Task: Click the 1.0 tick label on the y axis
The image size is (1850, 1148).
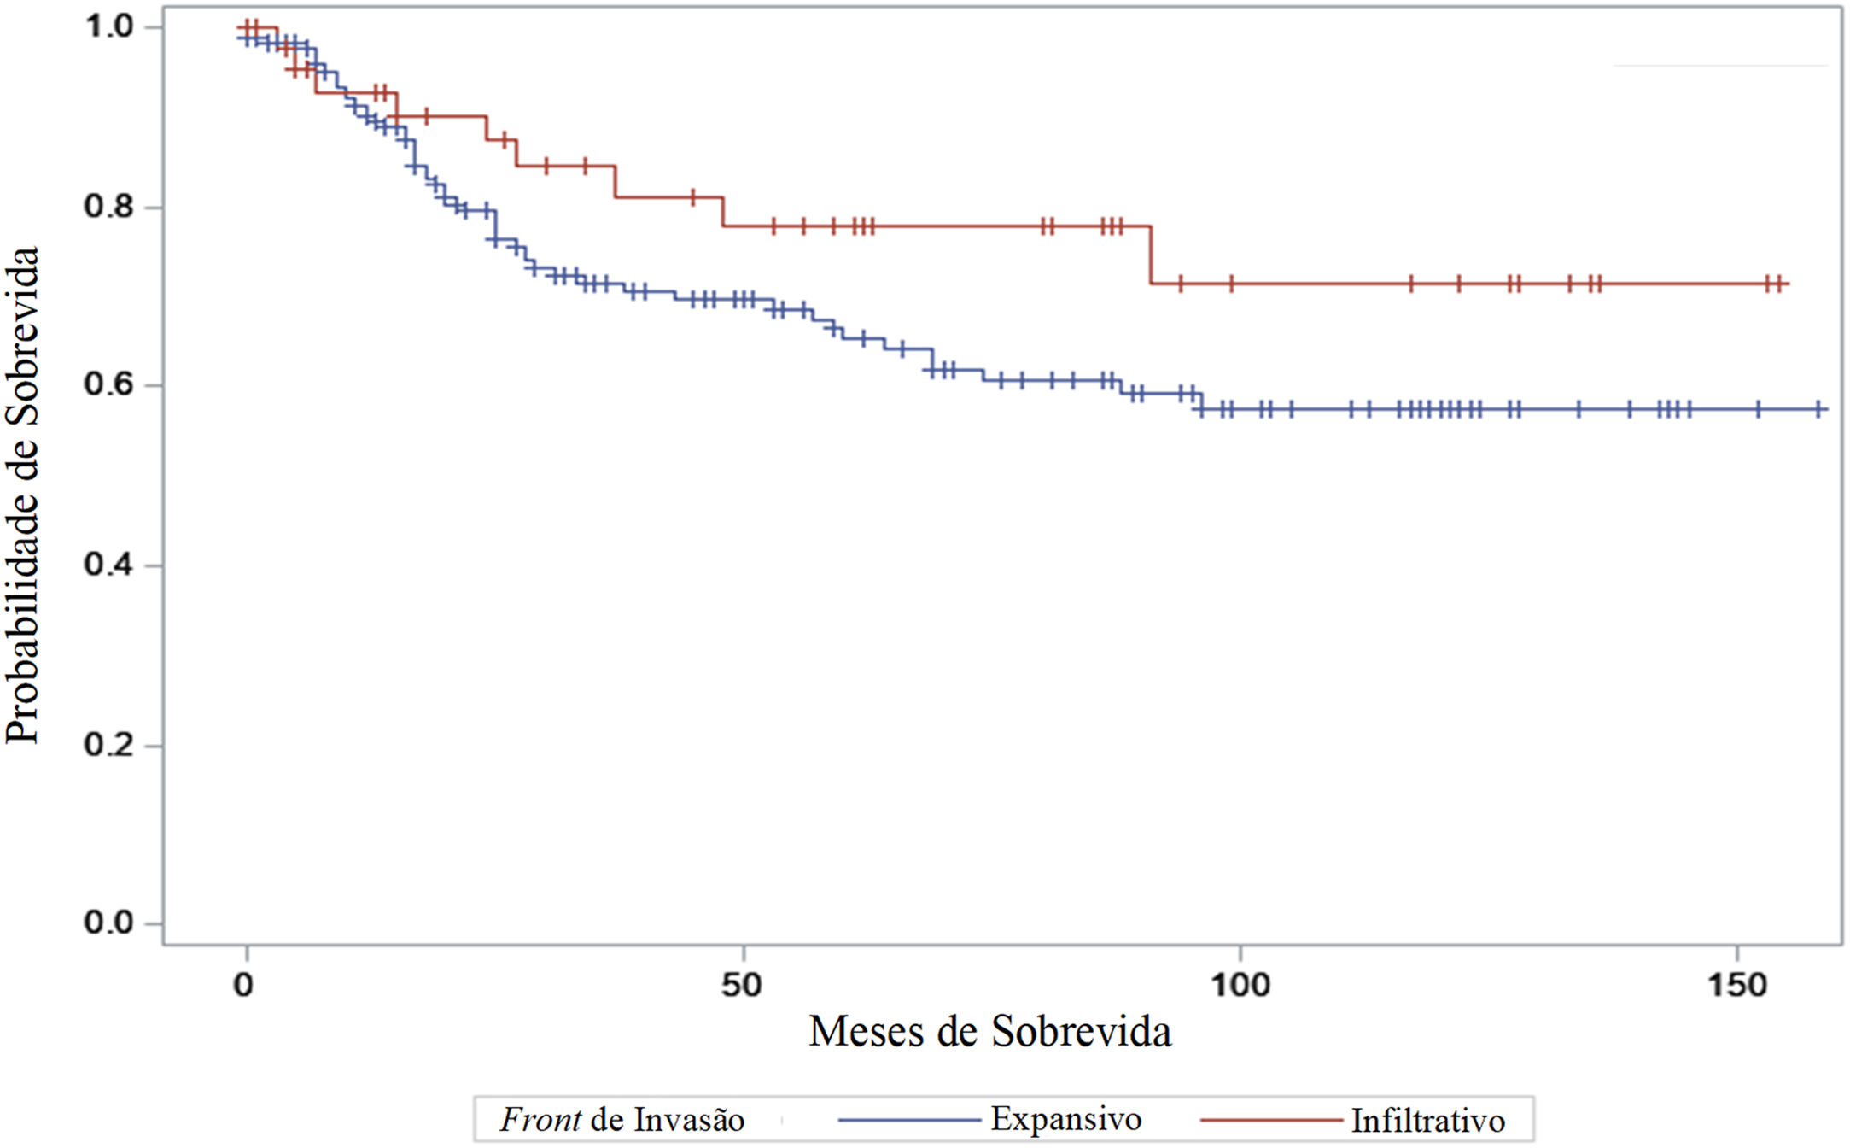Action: [x=109, y=26]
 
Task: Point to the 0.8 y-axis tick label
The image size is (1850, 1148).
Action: [x=109, y=207]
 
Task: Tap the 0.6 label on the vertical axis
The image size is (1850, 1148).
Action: [x=109, y=384]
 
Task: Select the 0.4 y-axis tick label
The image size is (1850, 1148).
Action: [x=109, y=565]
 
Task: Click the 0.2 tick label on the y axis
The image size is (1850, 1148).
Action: [x=109, y=744]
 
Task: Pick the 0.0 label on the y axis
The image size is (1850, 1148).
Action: [x=109, y=922]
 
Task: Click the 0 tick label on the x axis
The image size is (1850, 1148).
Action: [x=244, y=986]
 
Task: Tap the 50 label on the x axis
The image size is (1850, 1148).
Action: [x=741, y=986]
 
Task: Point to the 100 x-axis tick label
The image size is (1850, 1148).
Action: [x=1240, y=986]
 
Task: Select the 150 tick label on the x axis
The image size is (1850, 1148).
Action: [x=1736, y=986]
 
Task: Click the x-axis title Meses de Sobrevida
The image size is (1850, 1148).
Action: [x=990, y=1032]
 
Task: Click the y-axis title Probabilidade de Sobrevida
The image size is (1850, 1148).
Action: [x=23, y=495]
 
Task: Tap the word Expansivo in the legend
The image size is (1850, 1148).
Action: [x=1066, y=1119]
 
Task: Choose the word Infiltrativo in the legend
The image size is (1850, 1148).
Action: [x=1428, y=1121]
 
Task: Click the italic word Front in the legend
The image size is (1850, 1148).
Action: [x=541, y=1120]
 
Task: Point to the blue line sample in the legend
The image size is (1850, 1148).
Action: [x=910, y=1120]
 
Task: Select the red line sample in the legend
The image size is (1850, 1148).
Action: [x=1271, y=1120]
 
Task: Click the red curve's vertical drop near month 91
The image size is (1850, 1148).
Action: [x=1151, y=255]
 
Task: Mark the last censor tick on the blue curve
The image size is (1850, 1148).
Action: [x=1818, y=409]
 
